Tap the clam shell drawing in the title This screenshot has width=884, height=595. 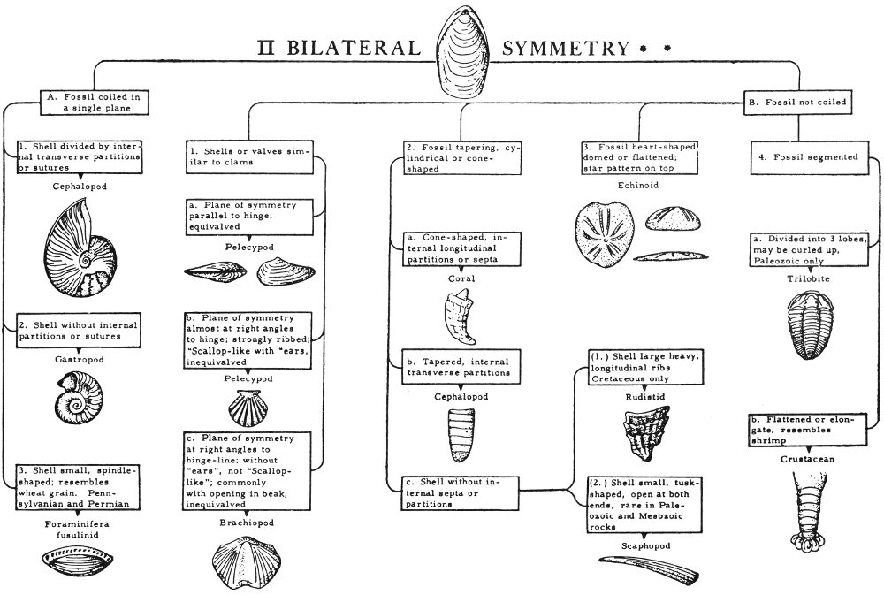click(469, 52)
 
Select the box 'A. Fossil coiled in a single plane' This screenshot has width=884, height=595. click(94, 102)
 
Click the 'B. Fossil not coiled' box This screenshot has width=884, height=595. click(796, 103)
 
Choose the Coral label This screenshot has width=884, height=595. click(462, 278)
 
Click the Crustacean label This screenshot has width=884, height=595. click(808, 460)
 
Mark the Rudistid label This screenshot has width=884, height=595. click(643, 397)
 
